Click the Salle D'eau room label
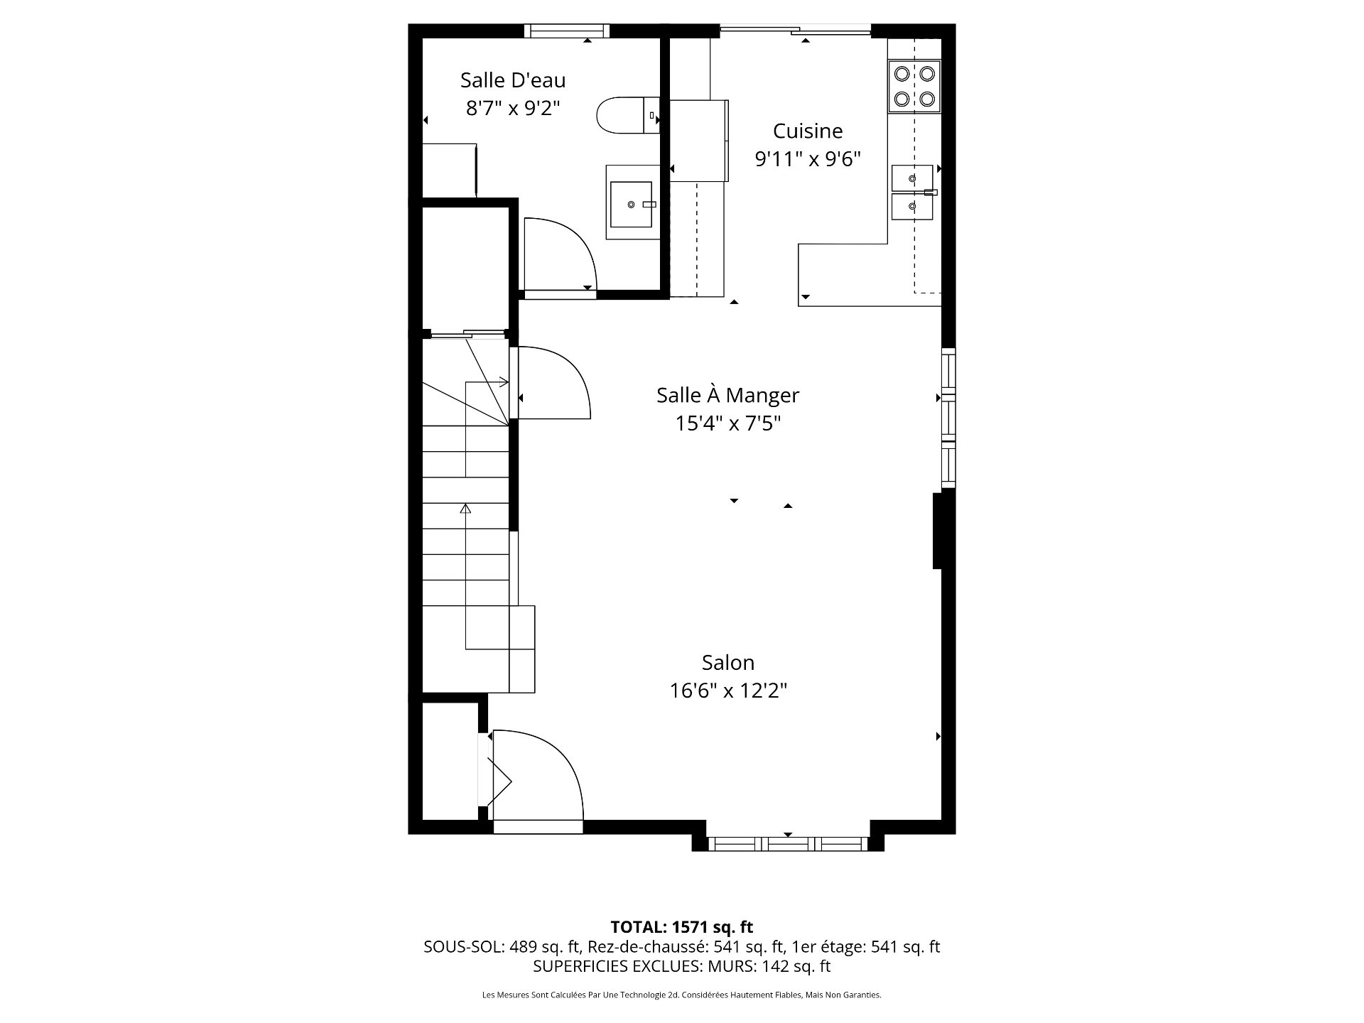coord(513,80)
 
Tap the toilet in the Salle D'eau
coord(625,115)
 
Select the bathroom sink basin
coord(632,204)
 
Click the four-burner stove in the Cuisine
coord(914,86)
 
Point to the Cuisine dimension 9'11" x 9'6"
coord(808,159)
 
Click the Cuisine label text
coord(808,131)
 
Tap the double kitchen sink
coord(912,193)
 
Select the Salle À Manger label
coord(727,395)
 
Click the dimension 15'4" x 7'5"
coord(727,424)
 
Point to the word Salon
coord(727,662)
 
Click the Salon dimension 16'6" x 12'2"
coord(727,691)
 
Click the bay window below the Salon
coord(788,843)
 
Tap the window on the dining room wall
coord(948,418)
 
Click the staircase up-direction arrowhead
coord(465,508)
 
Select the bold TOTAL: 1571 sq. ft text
coord(681,926)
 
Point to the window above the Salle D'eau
coord(567,31)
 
